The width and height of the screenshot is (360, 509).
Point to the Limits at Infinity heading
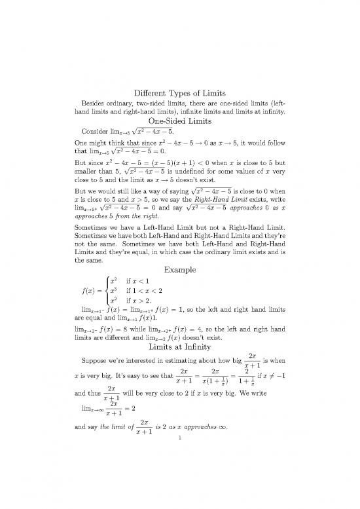click(x=179, y=346)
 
